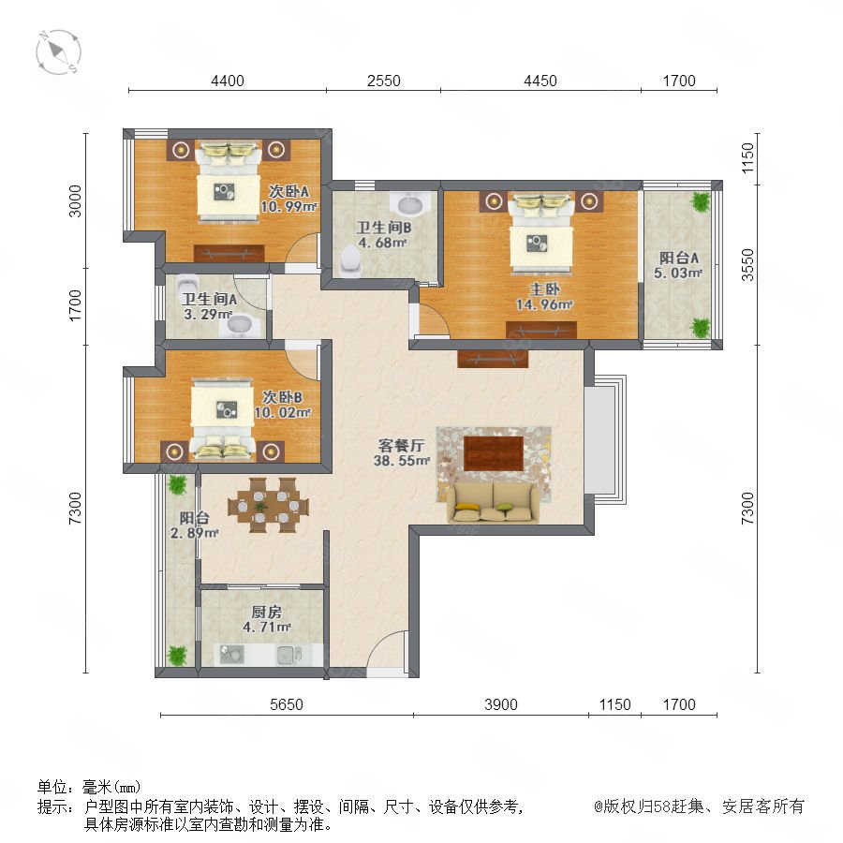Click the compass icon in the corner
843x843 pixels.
(58, 52)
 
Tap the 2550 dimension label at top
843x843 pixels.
(383, 81)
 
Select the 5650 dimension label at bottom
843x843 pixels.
(286, 704)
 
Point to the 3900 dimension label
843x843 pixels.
(500, 704)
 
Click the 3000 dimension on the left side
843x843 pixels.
(75, 201)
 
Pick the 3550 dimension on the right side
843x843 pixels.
(747, 264)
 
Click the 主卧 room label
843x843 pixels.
(544, 289)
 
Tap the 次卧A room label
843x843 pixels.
(288, 191)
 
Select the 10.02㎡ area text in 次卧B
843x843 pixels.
(282, 412)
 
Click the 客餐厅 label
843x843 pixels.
(401, 445)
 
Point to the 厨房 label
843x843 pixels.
(267, 612)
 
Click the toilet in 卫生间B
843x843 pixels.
(350, 260)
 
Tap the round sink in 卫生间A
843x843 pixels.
(239, 325)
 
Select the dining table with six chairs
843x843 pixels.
(268, 506)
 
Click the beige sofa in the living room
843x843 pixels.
(494, 503)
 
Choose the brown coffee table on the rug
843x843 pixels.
(494, 453)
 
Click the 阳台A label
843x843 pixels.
(678, 259)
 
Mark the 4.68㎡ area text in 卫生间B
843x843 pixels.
(382, 243)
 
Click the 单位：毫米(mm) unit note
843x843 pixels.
(89, 787)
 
